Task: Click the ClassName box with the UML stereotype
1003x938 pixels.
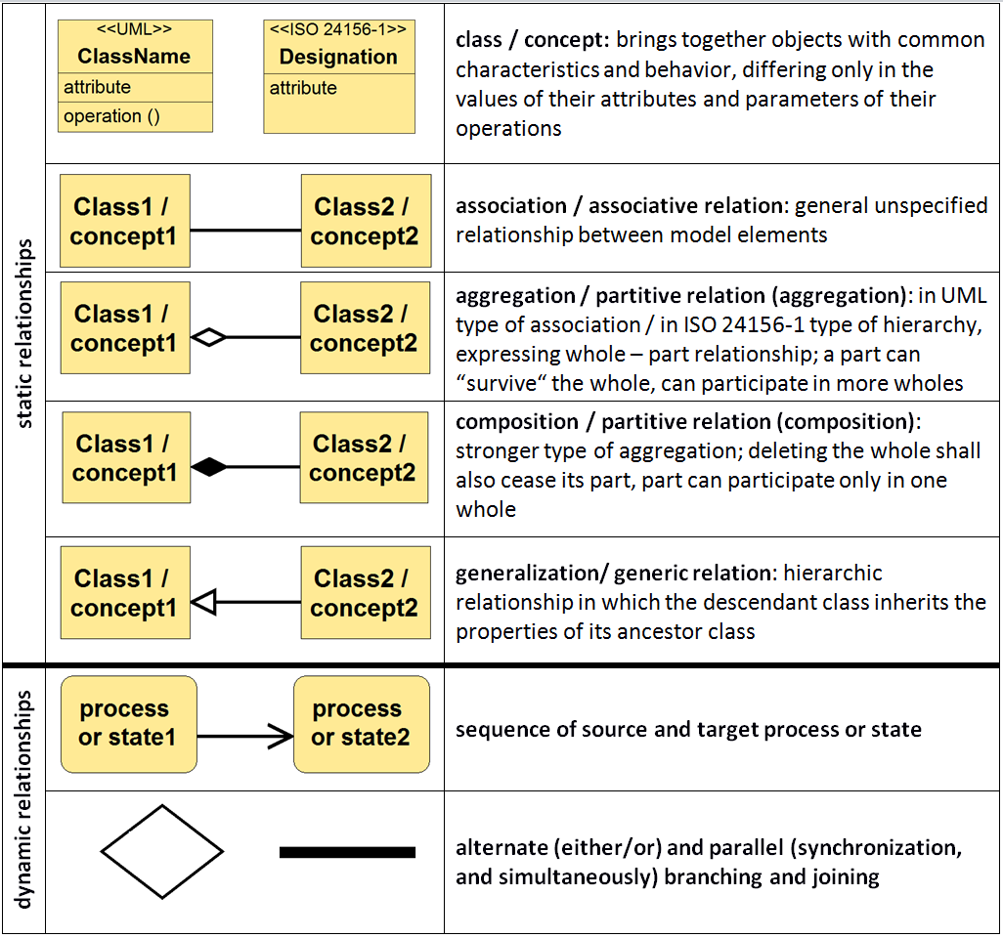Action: pos(135,76)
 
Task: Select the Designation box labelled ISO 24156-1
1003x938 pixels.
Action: pos(338,76)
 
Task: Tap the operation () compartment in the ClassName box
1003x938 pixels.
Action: pos(135,116)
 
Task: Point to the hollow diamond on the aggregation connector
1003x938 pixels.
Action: pos(209,337)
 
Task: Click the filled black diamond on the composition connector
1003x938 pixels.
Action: pos(209,468)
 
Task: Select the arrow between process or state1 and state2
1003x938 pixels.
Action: pos(245,737)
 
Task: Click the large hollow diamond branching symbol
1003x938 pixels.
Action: pos(162,852)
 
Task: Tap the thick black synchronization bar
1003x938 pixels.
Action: pos(347,852)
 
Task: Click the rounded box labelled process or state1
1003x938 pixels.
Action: pos(128,724)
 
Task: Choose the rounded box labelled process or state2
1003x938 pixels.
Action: pos(361,724)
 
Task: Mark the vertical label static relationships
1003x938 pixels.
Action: pos(24,333)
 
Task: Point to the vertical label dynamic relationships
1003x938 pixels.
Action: pos(24,798)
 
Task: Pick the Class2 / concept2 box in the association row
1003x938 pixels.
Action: pos(366,222)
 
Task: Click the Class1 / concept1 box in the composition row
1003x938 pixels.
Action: pos(126,458)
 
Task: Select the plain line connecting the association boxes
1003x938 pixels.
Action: pos(245,231)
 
